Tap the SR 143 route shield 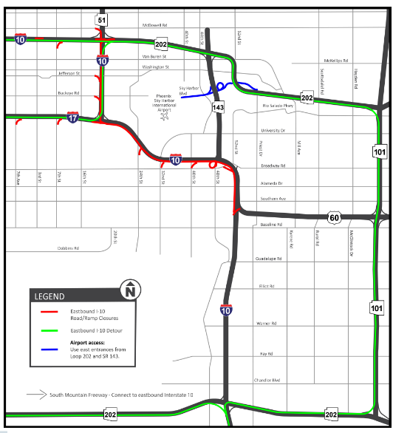pyautogui.click(x=218, y=108)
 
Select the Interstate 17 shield pyautogui.click(x=72, y=117)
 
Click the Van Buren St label pyautogui.click(x=154, y=56)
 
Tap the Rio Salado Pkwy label pyautogui.click(x=278, y=106)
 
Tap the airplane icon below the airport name pyautogui.click(x=165, y=116)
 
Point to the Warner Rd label pyautogui.click(x=265, y=324)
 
